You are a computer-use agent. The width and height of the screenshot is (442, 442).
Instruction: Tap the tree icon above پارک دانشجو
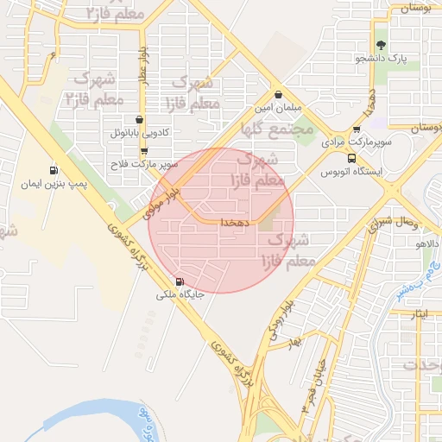[382, 43]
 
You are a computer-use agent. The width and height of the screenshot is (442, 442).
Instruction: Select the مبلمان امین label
[276, 109]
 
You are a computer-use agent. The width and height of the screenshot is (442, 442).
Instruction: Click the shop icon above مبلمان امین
[277, 95]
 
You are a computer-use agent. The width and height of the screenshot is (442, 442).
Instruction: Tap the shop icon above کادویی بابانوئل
[140, 120]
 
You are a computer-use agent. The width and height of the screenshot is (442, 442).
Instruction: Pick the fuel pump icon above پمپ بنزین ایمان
[54, 169]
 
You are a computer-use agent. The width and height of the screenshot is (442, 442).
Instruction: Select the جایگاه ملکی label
[180, 294]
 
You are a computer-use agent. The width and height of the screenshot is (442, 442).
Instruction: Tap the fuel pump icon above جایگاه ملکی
[180, 281]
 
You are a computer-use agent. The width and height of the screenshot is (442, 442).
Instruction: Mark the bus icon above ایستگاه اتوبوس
[351, 158]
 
